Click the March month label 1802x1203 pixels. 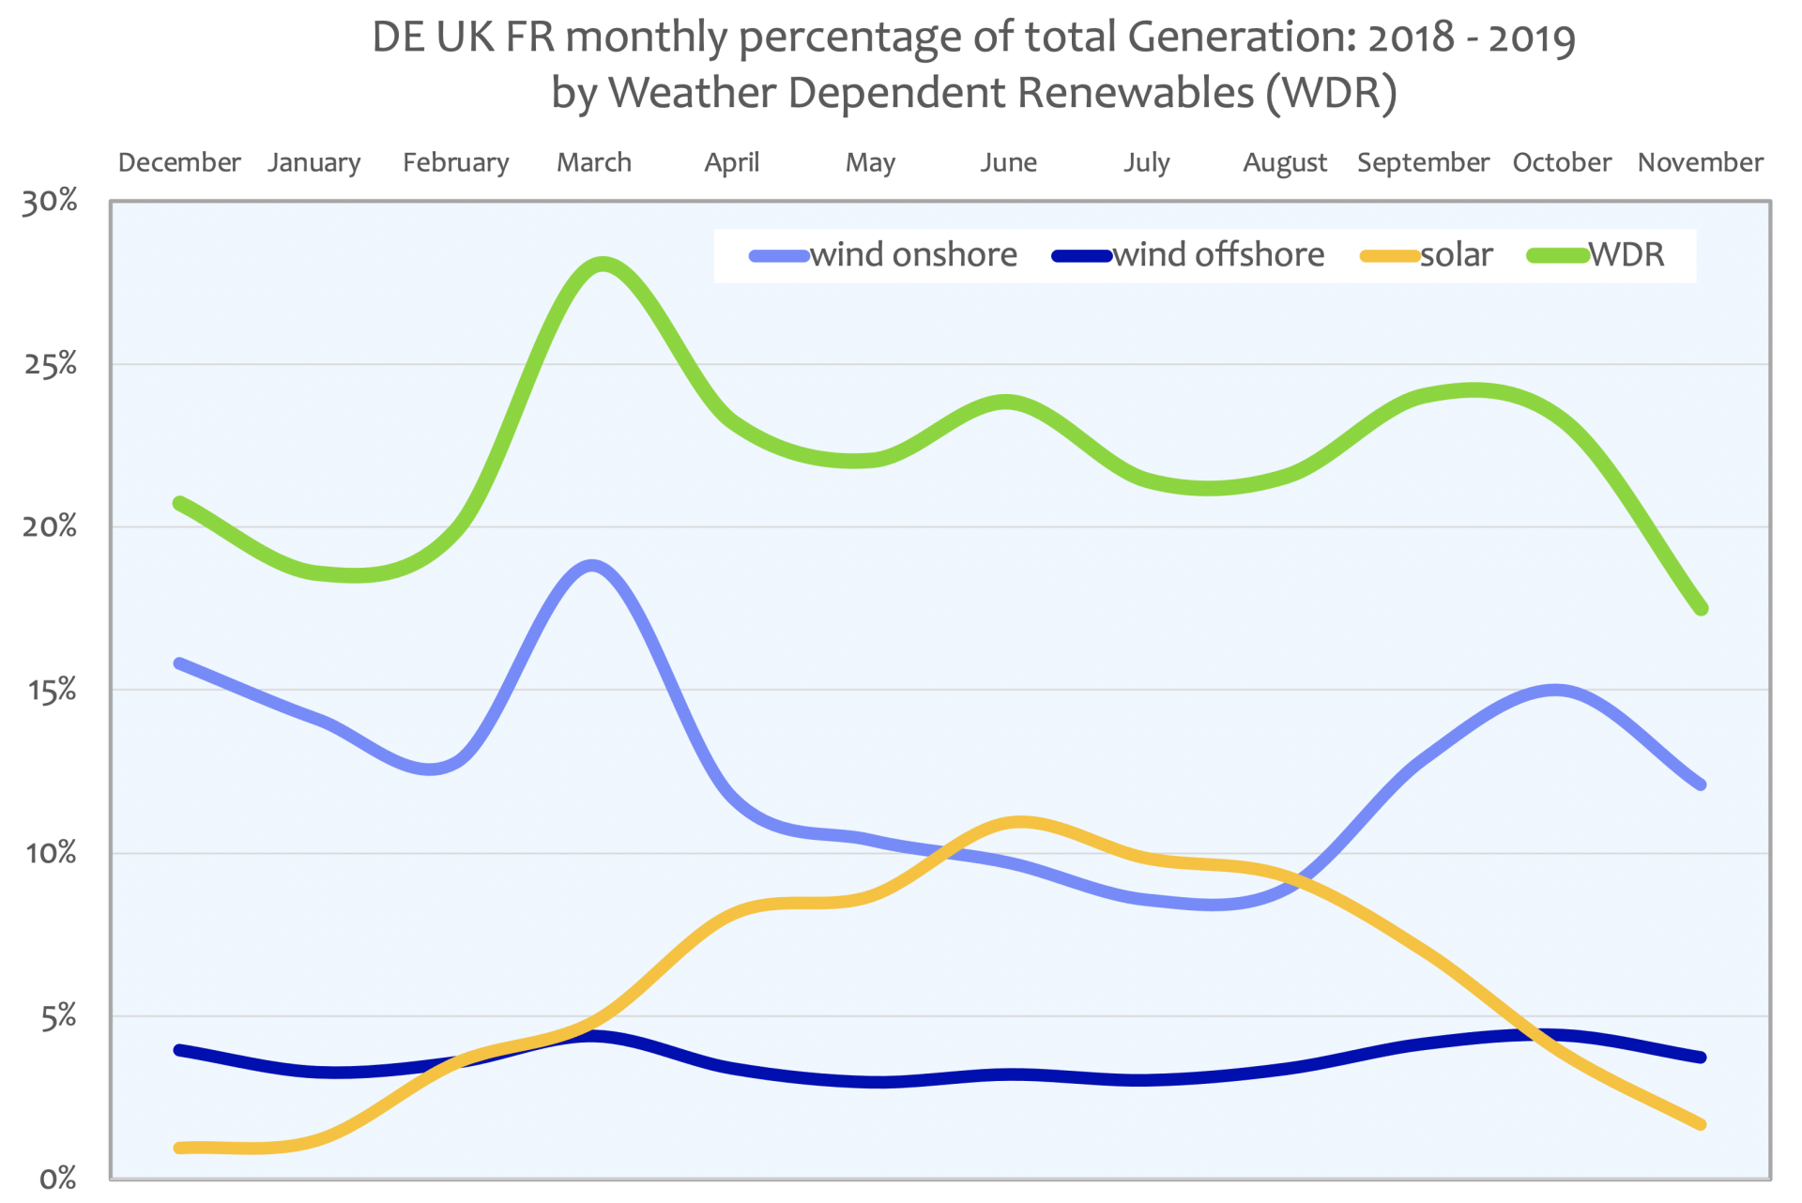click(x=594, y=162)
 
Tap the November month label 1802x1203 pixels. click(x=1700, y=162)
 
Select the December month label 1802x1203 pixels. click(x=179, y=162)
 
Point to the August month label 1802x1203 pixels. click(x=1285, y=163)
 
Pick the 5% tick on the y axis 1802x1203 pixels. click(x=58, y=1016)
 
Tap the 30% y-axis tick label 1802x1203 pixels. click(x=50, y=202)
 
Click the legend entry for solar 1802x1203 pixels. click(x=1456, y=255)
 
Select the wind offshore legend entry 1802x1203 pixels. click(x=1218, y=255)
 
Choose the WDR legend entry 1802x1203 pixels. click(x=1626, y=255)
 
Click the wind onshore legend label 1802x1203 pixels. click(x=913, y=255)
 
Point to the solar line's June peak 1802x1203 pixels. click(x=1021, y=823)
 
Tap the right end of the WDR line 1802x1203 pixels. click(x=1702, y=609)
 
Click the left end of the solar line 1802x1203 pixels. click(x=179, y=1148)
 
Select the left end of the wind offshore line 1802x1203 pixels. click(x=179, y=1050)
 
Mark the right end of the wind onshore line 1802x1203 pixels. click(x=1701, y=784)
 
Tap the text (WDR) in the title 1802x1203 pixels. click(x=1331, y=93)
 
